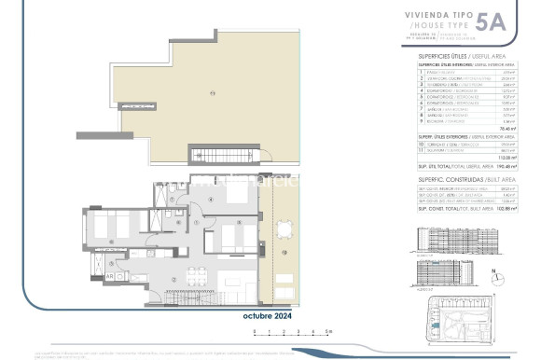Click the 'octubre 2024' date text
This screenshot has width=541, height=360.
[x=268, y=316]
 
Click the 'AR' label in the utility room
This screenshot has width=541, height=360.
[x=110, y=277]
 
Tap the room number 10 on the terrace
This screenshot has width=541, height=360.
[x=281, y=270]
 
